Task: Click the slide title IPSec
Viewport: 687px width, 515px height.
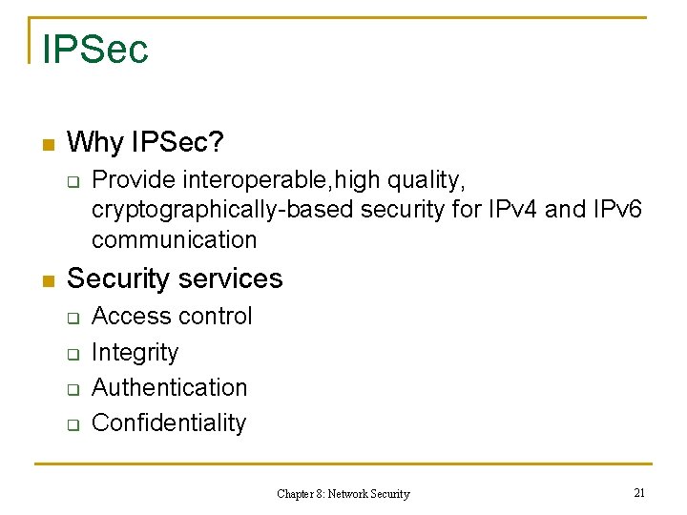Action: [95, 48]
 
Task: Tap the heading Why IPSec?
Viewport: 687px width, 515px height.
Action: [146, 143]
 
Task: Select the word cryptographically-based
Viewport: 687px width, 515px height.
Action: [223, 210]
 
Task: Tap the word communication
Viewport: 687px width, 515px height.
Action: [175, 239]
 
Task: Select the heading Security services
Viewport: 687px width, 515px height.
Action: [175, 278]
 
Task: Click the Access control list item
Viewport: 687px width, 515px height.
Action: [172, 316]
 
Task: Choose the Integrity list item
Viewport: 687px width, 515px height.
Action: [135, 353]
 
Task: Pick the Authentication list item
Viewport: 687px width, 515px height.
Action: [169, 387]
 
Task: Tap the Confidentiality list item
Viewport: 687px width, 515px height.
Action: [169, 422]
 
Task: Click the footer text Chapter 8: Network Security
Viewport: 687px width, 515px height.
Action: [343, 494]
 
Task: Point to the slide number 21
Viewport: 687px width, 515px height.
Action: [639, 492]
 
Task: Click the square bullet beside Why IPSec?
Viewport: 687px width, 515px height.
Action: [45, 145]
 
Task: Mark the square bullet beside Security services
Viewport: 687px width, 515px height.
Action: [45, 280]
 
